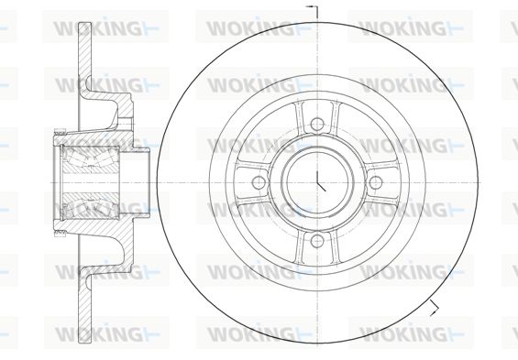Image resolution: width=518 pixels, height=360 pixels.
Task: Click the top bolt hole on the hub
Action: [317, 124]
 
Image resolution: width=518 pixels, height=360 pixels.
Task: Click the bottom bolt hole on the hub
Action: [317, 241]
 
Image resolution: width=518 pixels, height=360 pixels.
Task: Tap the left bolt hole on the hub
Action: [259, 182]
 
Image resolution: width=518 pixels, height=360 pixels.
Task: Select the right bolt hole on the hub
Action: [376, 182]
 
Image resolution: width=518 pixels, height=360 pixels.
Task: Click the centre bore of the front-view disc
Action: [317, 182]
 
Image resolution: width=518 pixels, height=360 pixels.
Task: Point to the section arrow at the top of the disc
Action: [313, 11]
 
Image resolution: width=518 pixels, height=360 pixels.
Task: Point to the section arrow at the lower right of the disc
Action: [434, 308]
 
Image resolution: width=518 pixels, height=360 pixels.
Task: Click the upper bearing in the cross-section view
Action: [90, 159]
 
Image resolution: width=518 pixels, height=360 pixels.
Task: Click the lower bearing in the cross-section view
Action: [90, 205]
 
